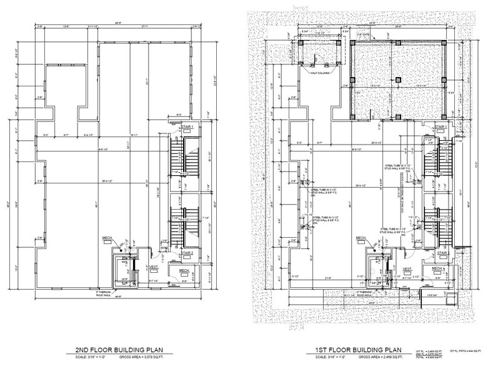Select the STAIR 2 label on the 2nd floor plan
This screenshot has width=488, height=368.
(x=187, y=253)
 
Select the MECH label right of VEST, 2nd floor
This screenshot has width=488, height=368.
(x=184, y=270)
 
